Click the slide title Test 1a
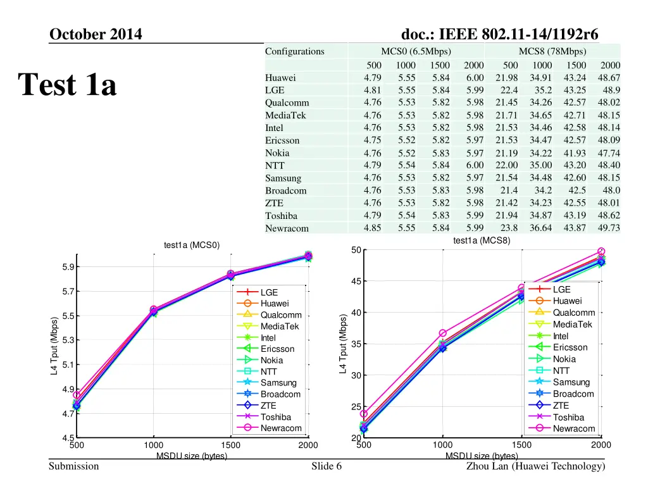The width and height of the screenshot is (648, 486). point(67,84)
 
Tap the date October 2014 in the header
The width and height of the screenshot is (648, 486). point(96,34)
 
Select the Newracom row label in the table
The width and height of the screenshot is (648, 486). point(287,228)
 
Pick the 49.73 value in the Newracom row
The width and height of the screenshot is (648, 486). point(609,228)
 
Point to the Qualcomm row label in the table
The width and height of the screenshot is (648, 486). point(287,103)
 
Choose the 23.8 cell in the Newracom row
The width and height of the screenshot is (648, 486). point(509,228)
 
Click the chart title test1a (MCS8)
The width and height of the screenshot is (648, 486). point(482,240)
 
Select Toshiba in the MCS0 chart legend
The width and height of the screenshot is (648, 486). point(276,417)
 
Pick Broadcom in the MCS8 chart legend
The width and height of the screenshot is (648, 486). point(573,394)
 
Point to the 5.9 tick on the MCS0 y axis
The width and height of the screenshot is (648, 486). point(68,267)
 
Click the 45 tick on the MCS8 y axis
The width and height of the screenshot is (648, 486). point(356,282)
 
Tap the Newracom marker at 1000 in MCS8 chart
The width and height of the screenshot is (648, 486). point(442,333)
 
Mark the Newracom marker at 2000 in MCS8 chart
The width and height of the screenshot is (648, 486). point(601,252)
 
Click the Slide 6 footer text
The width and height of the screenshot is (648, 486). point(327,466)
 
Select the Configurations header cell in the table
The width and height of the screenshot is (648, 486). point(294,51)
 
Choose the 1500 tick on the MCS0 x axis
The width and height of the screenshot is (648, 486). point(230,445)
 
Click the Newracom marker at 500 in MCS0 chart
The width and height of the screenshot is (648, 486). point(77,395)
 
